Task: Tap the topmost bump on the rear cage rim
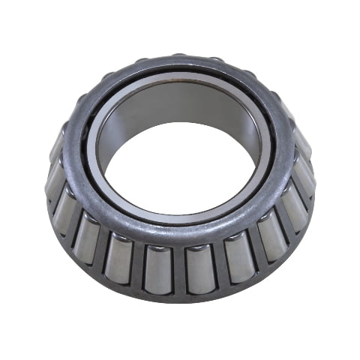(178, 56)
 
